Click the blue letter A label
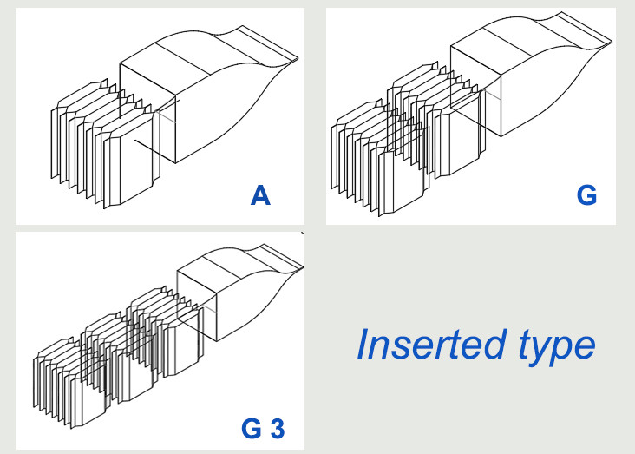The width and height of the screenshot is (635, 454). click(260, 195)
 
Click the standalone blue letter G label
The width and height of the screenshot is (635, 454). click(586, 195)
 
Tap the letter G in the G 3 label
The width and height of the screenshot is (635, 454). click(252, 429)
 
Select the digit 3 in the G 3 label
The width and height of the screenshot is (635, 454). click(278, 429)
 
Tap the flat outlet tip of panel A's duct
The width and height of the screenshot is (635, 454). click(268, 44)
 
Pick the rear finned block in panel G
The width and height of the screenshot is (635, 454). click(437, 122)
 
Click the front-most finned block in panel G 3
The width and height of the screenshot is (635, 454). click(69, 383)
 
